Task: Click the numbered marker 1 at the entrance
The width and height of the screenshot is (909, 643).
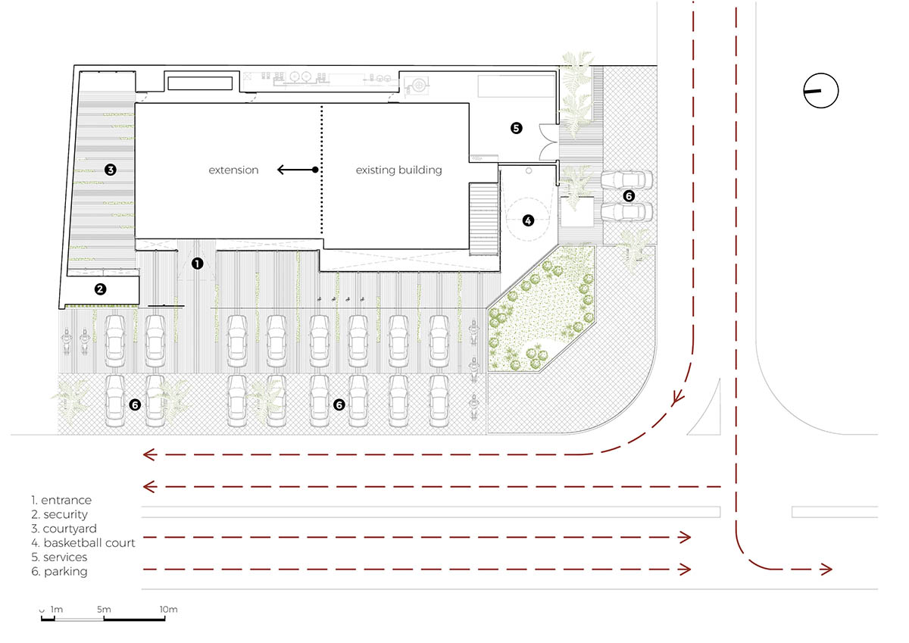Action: pos(197,264)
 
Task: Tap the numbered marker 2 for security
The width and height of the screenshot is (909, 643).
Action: pos(100,289)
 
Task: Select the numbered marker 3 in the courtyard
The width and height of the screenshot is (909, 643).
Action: pos(111,170)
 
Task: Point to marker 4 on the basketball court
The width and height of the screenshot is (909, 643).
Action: pos(528,220)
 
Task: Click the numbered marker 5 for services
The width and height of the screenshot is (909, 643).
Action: pos(516,128)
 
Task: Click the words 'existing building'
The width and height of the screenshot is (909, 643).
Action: pos(399,170)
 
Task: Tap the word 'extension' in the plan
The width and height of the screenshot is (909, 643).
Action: pos(233,170)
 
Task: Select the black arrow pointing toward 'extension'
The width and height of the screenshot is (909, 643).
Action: pos(298,170)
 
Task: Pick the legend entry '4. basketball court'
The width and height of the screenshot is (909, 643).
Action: pos(83,543)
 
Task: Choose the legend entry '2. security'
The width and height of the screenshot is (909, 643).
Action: pos(59,514)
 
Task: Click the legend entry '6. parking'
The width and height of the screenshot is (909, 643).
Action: pos(59,572)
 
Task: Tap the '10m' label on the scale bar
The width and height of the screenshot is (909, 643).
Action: pos(168,610)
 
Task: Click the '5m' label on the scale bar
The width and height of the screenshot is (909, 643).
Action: pos(104,610)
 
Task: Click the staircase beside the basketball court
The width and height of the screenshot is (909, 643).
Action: pos(484,219)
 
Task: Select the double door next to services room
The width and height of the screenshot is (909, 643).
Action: pos(548,142)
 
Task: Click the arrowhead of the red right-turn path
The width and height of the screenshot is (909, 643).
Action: pos(826,570)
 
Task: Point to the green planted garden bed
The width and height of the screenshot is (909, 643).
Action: pos(541,309)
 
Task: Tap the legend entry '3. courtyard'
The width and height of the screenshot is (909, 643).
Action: pos(64,529)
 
